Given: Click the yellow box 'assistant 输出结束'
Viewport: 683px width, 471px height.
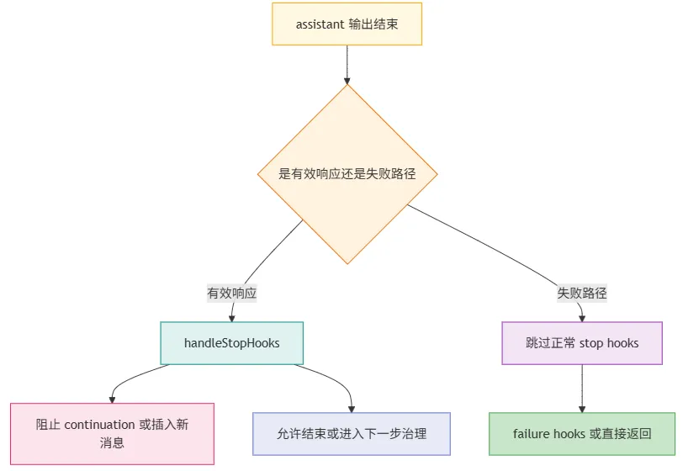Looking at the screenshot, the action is [347, 24].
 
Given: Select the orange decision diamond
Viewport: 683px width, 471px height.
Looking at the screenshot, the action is [347, 174].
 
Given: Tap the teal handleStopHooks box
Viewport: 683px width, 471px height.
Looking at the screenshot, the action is [232, 343].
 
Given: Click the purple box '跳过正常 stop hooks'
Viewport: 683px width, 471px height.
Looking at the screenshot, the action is [582, 343].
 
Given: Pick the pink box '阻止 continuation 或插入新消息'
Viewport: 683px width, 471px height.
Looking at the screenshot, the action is [112, 433].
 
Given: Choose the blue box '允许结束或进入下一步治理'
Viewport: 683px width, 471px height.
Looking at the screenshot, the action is [352, 434].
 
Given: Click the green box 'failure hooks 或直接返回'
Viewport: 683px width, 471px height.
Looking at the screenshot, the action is [582, 434].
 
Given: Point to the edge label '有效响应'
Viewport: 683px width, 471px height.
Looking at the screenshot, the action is [232, 293].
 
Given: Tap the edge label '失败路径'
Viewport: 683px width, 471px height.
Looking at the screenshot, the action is [582, 293].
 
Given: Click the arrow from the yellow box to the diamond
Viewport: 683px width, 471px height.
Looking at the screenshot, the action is [347, 65].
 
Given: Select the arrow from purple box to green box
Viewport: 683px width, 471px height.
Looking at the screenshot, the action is [582, 389].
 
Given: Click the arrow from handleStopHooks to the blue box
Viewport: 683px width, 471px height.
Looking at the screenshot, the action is [336, 379].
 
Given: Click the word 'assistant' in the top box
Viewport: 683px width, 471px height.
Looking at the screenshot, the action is [320, 24].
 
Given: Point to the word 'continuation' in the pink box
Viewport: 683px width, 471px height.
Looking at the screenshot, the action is [99, 425].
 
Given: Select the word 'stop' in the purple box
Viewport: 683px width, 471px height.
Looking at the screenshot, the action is [591, 343].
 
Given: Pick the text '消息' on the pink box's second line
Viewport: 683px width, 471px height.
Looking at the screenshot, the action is [112, 442].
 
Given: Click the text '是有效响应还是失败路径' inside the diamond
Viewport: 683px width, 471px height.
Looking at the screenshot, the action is [347, 174].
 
